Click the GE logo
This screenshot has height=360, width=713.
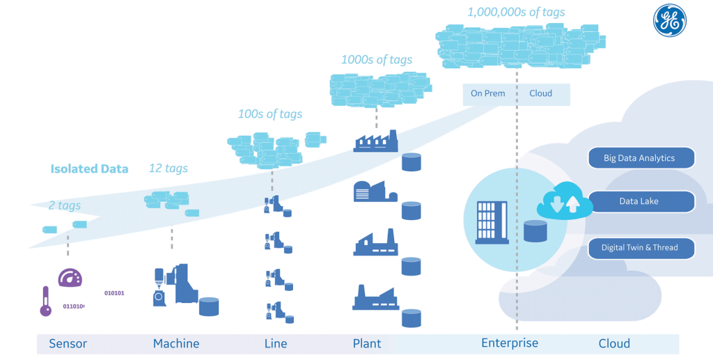(670, 21)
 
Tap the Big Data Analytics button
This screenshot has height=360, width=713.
(640, 158)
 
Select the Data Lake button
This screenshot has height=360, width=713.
(640, 202)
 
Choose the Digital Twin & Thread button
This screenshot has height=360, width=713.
(640, 248)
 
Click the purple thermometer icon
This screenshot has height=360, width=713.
(46, 301)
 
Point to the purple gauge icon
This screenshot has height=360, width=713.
(70, 277)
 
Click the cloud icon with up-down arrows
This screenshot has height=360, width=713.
(564, 200)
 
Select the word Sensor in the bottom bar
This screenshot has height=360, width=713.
(68, 343)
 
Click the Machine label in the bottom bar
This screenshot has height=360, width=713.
(176, 343)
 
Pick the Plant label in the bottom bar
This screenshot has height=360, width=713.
(367, 343)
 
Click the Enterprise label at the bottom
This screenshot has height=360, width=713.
(510, 343)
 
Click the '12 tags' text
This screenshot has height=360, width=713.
(169, 168)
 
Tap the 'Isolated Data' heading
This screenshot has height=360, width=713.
(89, 169)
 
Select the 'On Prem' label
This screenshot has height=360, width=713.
(488, 93)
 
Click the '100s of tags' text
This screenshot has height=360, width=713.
(270, 114)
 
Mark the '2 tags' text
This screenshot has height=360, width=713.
(65, 205)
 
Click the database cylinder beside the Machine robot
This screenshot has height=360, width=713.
(209, 306)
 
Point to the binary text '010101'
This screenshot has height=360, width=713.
(114, 293)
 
